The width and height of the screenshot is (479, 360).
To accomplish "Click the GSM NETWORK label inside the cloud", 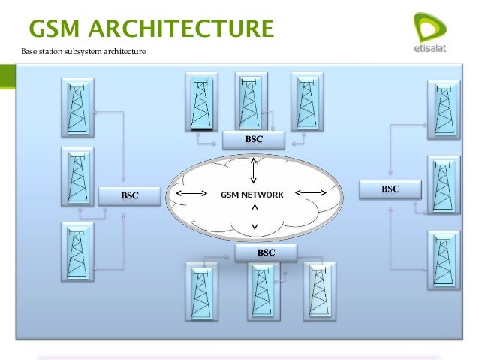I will click(x=252, y=195).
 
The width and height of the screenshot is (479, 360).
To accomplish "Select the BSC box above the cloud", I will click(x=253, y=140).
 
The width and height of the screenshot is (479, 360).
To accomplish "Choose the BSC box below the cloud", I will click(x=266, y=253).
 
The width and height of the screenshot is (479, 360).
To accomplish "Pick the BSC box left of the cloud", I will click(x=130, y=196).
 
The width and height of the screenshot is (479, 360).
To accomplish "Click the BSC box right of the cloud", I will click(x=390, y=189).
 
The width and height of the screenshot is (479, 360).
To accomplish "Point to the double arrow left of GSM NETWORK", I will click(x=191, y=195).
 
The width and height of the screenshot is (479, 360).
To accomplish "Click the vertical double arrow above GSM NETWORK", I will click(x=253, y=171).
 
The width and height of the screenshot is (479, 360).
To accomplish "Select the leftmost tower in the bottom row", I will click(x=198, y=292).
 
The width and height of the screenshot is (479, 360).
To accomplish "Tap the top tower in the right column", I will click(x=442, y=109).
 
